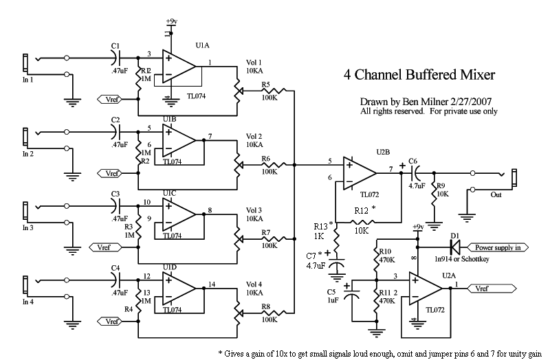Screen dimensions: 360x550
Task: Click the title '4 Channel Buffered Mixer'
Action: (x=419, y=74)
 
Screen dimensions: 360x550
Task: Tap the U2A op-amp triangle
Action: (x=426, y=288)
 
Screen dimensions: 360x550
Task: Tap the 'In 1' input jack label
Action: (x=30, y=80)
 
